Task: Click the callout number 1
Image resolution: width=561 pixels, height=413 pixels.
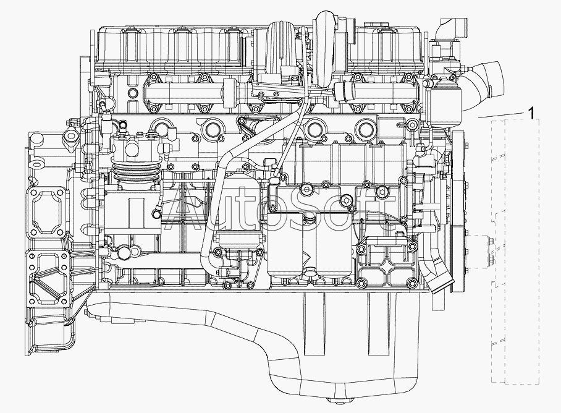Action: point(531,113)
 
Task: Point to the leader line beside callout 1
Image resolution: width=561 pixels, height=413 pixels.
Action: point(500,115)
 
